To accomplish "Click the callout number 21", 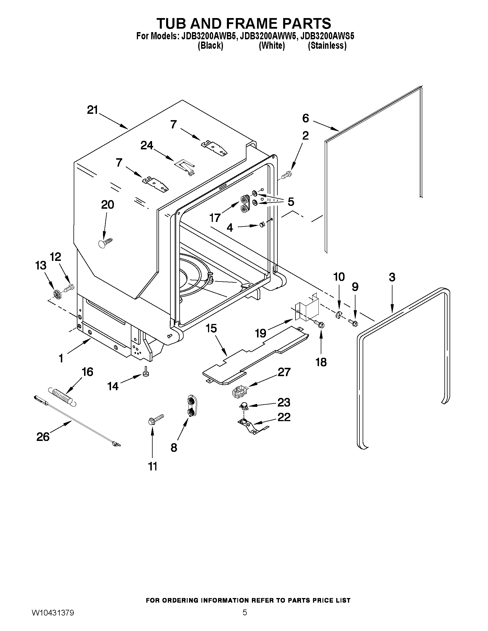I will tap(92, 110).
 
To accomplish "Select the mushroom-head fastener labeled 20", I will tap(105, 242).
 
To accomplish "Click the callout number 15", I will tap(211, 329).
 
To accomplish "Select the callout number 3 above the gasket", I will tap(392, 277).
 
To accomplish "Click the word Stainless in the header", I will tap(327, 46).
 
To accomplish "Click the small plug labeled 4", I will tap(262, 224).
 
